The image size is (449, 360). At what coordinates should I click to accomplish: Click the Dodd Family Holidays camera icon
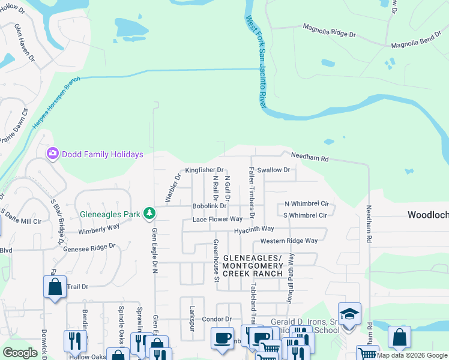[53, 154]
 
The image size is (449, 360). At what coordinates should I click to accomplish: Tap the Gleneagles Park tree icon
[149, 214]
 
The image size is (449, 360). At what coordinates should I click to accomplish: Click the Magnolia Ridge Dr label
[330, 31]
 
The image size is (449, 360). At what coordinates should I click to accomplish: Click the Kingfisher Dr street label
[204, 170]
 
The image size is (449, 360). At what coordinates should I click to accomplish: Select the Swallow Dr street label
[273, 170]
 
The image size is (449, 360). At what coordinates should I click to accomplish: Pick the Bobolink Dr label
[209, 206]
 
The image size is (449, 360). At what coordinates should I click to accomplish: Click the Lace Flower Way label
[217, 220]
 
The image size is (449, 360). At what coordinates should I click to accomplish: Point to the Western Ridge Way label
[289, 241]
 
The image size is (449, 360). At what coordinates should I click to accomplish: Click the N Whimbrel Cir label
[307, 204]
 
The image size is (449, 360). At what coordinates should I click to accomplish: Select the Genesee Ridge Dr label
[89, 247]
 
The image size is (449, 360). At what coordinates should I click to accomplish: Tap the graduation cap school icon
[349, 313]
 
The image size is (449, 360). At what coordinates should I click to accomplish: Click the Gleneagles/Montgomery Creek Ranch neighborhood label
[252, 265]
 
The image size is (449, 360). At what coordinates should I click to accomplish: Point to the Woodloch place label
[428, 215]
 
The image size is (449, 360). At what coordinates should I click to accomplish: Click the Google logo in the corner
[20, 353]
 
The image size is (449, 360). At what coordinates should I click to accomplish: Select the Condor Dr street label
[212, 319]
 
